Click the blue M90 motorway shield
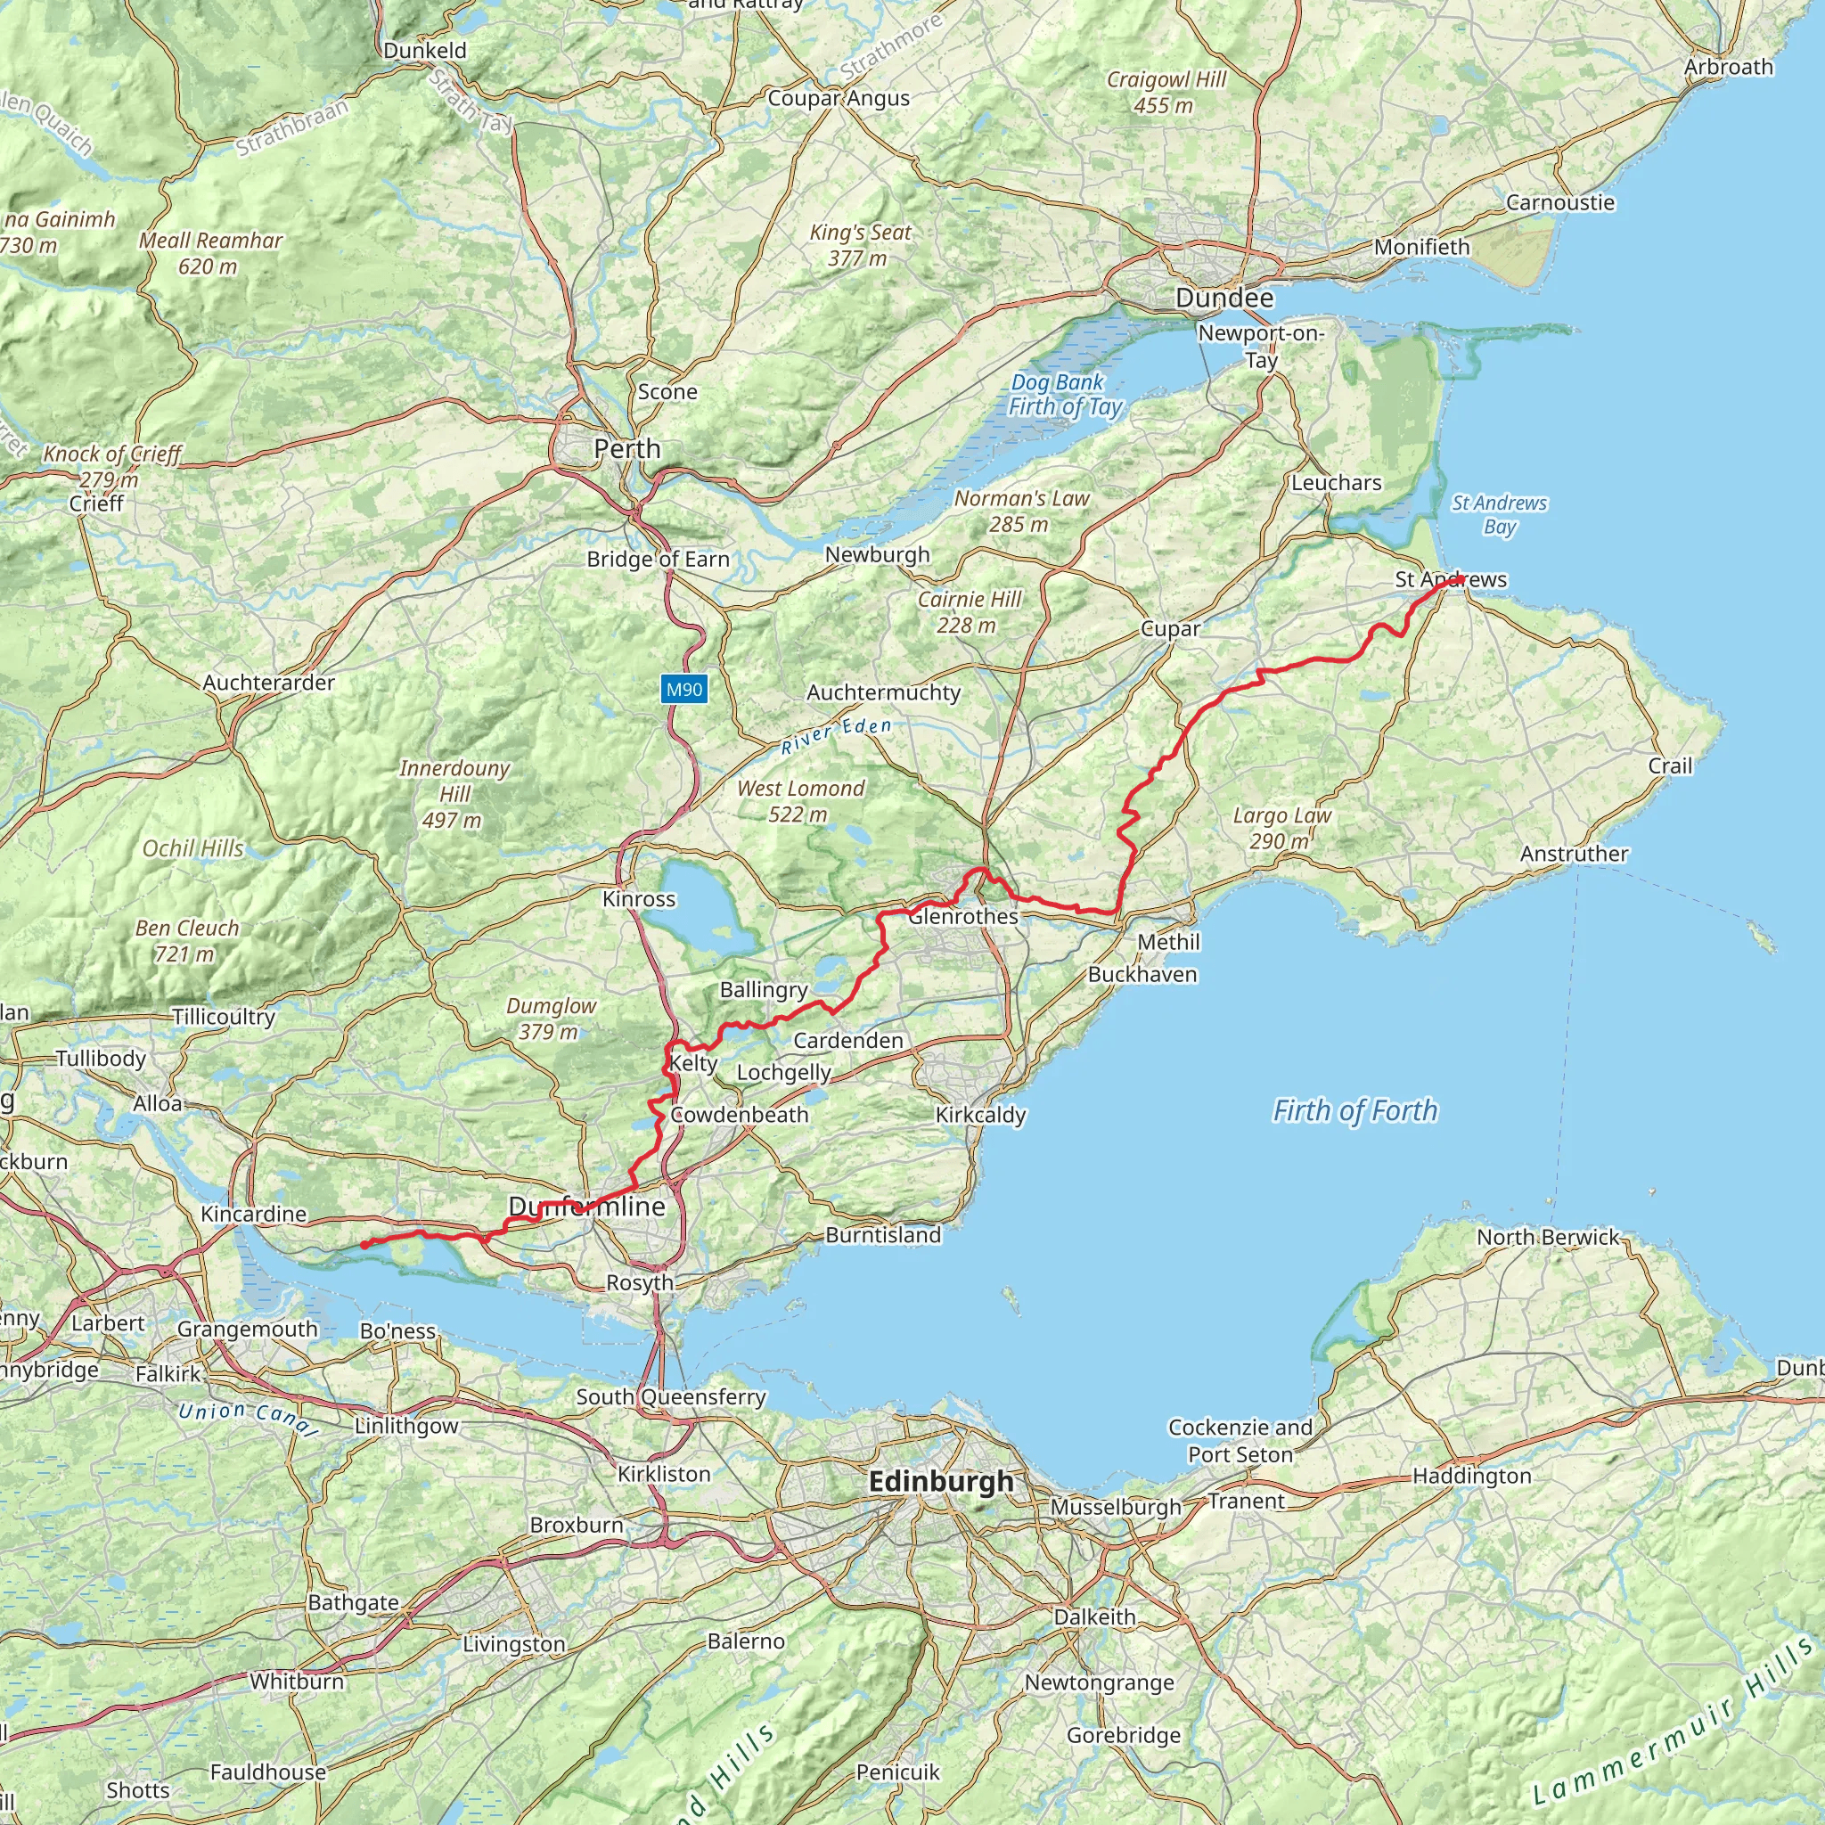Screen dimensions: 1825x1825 (x=683, y=690)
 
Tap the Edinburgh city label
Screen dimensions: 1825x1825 (x=940, y=1481)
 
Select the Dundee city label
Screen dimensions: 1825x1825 (x=1224, y=299)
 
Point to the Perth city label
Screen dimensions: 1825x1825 (x=627, y=449)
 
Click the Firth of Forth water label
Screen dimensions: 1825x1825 (x=1354, y=1110)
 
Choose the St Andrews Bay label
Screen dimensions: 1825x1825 (x=1499, y=515)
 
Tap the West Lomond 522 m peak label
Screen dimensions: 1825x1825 (x=800, y=801)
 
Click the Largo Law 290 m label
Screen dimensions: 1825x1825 (x=1281, y=828)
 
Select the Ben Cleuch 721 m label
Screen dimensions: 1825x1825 (x=186, y=941)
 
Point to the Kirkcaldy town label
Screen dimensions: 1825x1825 (x=979, y=1115)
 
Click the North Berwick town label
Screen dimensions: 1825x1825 (x=1547, y=1237)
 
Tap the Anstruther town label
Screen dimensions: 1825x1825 (x=1574, y=854)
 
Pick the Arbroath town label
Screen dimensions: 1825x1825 (x=1729, y=67)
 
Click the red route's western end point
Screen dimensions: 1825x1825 (x=364, y=1245)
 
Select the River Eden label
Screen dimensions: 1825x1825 (x=836, y=734)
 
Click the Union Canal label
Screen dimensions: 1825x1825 (x=247, y=1417)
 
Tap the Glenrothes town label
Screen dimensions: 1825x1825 (x=963, y=916)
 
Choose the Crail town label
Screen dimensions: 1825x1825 (x=1670, y=766)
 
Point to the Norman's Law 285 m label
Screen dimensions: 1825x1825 (x=1021, y=511)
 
